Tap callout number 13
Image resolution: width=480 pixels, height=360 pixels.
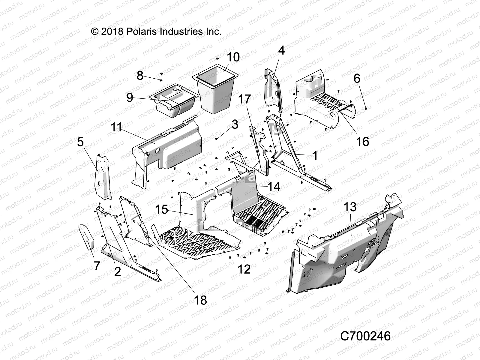click(350, 207)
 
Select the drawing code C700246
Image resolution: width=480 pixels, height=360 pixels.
click(365, 336)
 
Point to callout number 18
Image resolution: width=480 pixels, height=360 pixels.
click(200, 300)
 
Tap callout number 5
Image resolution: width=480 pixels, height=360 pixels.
click(80, 142)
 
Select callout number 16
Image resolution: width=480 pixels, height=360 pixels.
click(362, 142)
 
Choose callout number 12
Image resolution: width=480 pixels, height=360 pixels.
click(244, 269)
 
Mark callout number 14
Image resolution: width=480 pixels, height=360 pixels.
click(274, 187)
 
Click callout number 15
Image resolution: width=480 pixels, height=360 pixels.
click(162, 209)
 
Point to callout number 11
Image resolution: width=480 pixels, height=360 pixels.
click(117, 127)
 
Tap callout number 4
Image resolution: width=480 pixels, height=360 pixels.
click(281, 51)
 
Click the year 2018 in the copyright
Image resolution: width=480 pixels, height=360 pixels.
click(112, 31)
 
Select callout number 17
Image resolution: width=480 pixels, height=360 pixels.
click(245, 99)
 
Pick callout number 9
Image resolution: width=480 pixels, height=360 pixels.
click(130, 97)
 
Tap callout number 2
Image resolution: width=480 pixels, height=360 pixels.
click(118, 271)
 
